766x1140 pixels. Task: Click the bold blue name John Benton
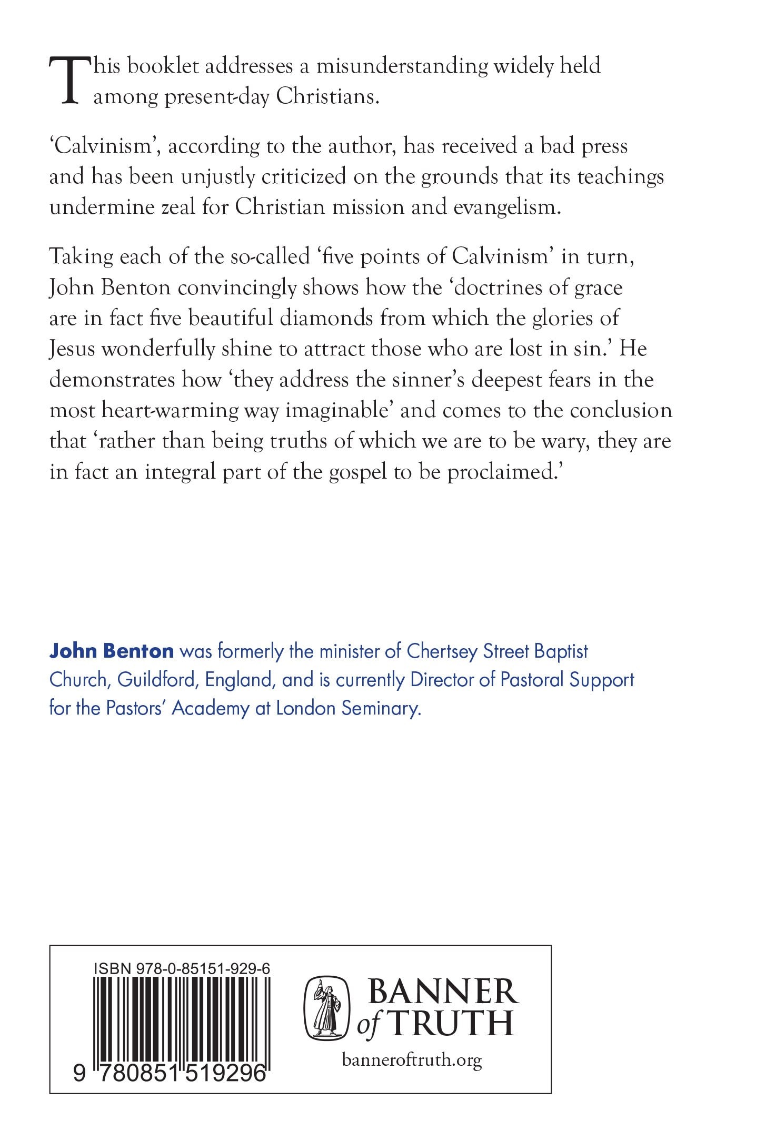pos(111,651)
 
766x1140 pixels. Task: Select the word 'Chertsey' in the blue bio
pos(442,651)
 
